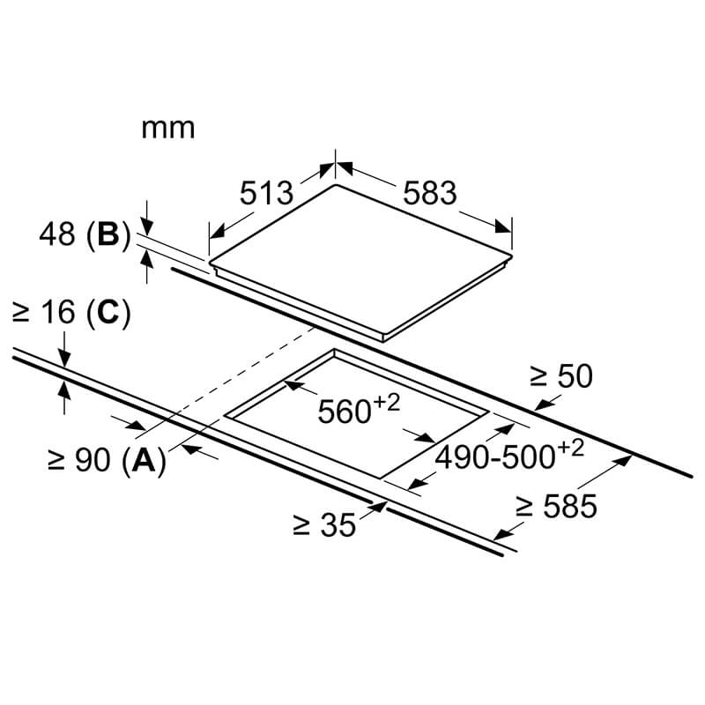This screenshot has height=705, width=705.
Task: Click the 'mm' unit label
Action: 168,129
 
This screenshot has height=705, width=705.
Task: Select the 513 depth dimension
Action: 266,193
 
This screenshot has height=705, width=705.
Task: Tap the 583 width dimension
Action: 430,193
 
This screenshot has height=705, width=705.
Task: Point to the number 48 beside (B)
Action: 57,234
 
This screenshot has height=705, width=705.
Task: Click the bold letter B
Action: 108,234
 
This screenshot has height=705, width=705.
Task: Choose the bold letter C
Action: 108,312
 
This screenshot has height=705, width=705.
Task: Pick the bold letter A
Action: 144,460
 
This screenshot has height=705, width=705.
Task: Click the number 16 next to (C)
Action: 58,312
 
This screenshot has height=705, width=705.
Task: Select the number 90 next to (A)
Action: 93,460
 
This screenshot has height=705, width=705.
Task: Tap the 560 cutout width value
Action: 345,412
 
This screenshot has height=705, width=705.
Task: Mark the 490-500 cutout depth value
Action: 495,457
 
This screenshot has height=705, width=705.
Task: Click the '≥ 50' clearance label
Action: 561,376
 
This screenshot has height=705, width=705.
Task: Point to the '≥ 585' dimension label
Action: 557,506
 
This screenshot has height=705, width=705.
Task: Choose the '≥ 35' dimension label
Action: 324,524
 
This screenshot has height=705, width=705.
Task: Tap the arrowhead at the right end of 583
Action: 502,226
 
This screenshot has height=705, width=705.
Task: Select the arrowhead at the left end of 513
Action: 217,232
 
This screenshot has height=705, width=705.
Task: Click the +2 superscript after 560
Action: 386,403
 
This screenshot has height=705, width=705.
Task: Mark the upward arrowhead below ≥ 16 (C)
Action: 64,390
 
